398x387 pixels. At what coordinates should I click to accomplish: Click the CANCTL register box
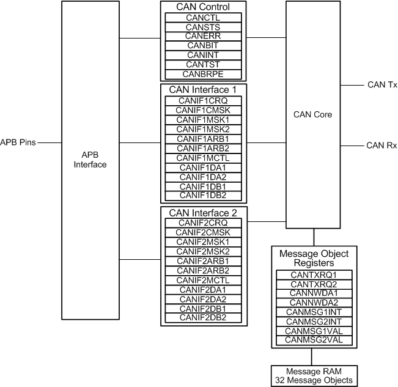tap(202, 18)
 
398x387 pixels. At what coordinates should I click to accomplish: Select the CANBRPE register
tap(202, 74)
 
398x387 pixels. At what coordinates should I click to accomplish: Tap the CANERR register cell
tap(202, 36)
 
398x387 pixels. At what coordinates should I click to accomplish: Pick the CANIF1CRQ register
tap(202, 101)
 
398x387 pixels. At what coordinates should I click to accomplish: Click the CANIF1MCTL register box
tap(202, 158)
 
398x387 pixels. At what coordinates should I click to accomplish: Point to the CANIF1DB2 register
tap(202, 195)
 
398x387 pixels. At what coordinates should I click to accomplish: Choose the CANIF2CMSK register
tap(202, 232)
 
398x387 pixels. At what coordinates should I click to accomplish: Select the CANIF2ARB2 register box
tap(202, 270)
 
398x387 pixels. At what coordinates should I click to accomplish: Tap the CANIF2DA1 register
tap(202, 289)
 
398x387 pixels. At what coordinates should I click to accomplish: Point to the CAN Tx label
tap(381, 85)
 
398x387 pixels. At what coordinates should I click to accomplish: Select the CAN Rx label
tap(381, 146)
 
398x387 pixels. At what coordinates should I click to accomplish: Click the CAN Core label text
tap(312, 114)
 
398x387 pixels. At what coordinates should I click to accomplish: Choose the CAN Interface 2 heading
tap(202, 213)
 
